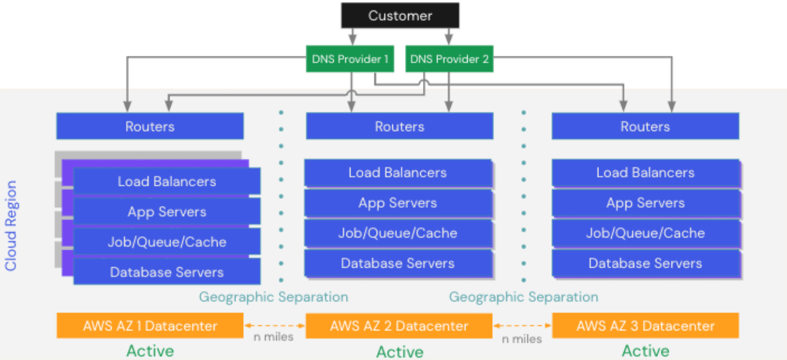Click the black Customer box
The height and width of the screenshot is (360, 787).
(x=400, y=16)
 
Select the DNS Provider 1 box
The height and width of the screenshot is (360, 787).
(x=350, y=59)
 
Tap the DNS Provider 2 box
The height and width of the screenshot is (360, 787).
(x=449, y=59)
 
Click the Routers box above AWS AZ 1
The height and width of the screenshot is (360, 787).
(x=150, y=127)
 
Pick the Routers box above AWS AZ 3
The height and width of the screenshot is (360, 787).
(x=645, y=127)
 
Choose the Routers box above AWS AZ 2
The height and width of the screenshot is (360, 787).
(x=399, y=127)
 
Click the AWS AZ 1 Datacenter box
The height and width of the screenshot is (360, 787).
(x=150, y=326)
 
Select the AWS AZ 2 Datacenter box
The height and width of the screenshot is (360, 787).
(x=399, y=326)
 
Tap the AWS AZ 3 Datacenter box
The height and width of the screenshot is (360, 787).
(x=645, y=326)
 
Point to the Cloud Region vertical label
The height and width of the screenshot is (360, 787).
(x=11, y=226)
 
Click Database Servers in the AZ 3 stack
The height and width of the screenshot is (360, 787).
(x=645, y=263)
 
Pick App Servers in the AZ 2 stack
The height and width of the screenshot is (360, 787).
(x=398, y=203)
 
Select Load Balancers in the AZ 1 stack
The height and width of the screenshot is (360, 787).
(x=167, y=181)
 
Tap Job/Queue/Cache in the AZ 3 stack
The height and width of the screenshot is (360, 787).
(x=645, y=233)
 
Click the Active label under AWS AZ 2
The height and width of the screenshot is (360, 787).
(x=399, y=352)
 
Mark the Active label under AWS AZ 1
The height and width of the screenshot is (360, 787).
(x=150, y=351)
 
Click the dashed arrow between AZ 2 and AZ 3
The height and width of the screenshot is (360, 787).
(x=522, y=325)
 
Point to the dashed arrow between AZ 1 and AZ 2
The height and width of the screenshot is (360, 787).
(x=274, y=325)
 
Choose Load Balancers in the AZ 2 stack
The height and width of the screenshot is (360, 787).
(x=398, y=172)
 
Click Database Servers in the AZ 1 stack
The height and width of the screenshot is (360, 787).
(x=167, y=272)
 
